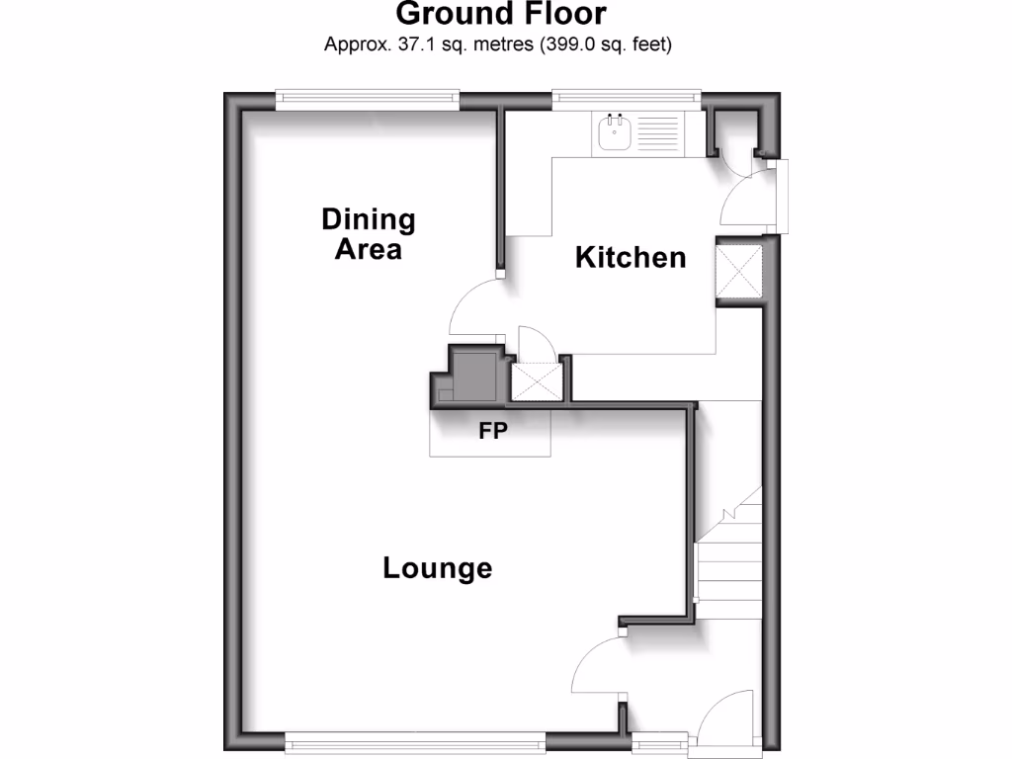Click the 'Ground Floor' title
[500, 15]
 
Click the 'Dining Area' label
[369, 233]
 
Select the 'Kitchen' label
[631, 258]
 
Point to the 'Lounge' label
[437, 568]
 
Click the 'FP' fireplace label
[493, 431]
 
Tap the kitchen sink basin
[615, 128]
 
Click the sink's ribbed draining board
[656, 128]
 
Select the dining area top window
[368, 97]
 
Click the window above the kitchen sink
[627, 97]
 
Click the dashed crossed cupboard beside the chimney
[535, 380]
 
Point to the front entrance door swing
[726, 717]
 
